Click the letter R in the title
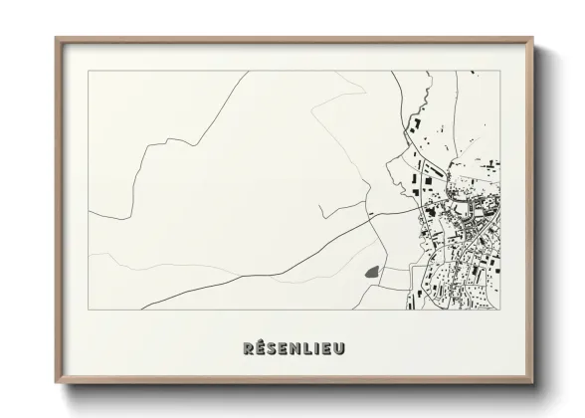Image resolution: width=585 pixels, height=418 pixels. point(248,349)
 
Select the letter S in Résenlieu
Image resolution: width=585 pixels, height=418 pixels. point(272,349)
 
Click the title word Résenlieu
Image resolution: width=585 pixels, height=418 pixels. point(292,349)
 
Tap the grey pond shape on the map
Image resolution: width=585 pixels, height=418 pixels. point(371,271)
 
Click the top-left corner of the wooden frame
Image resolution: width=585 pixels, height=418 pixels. point(56,39)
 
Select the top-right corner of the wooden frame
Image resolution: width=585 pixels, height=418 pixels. point(533,39)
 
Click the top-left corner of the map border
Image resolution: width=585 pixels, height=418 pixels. point(89,71)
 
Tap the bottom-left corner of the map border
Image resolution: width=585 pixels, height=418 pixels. point(89,309)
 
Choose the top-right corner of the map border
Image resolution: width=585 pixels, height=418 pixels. point(500,71)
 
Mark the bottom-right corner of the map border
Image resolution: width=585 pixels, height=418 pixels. point(500,309)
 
